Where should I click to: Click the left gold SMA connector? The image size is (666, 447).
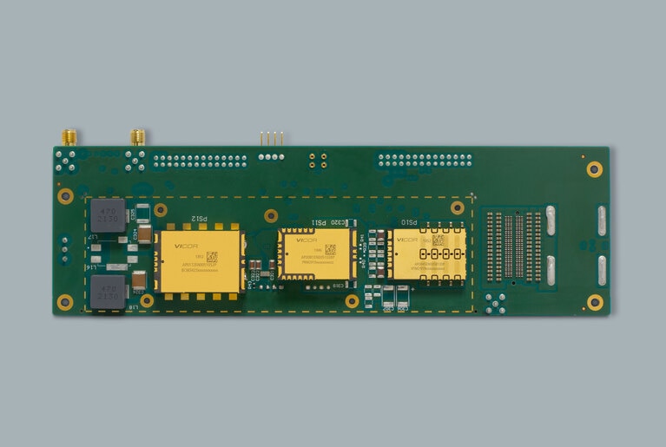click(69, 137)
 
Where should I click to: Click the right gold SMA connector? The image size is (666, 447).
click(137, 137)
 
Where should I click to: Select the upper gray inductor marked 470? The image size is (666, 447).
click(107, 215)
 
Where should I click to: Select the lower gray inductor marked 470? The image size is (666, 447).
click(107, 293)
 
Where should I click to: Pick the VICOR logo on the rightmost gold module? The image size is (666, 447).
click(406, 240)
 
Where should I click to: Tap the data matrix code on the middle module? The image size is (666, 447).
click(330, 249)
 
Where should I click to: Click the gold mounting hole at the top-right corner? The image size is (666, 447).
click(594, 168)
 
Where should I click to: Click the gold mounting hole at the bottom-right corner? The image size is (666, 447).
click(594, 302)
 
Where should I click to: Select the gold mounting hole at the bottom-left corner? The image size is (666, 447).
click(65, 302)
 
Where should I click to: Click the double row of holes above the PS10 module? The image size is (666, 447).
click(425, 161)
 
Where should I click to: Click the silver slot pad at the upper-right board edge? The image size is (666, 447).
click(602, 220)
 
